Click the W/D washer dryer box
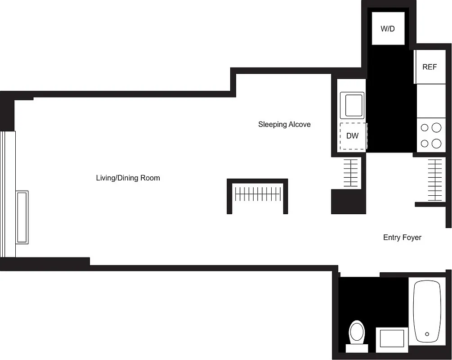coord(387,29)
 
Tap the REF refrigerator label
coord(430,67)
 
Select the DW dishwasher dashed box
coord(353,135)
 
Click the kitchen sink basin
coord(352,105)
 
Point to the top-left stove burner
coord(424,128)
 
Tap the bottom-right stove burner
coord(436,144)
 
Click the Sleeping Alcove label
coord(284,124)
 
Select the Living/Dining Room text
coord(128,178)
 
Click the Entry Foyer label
coord(402,237)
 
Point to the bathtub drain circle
coord(427,334)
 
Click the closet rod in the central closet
coord(257,195)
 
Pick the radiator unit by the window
coord(22,217)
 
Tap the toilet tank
coord(357,348)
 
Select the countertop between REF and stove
coord(430,101)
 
